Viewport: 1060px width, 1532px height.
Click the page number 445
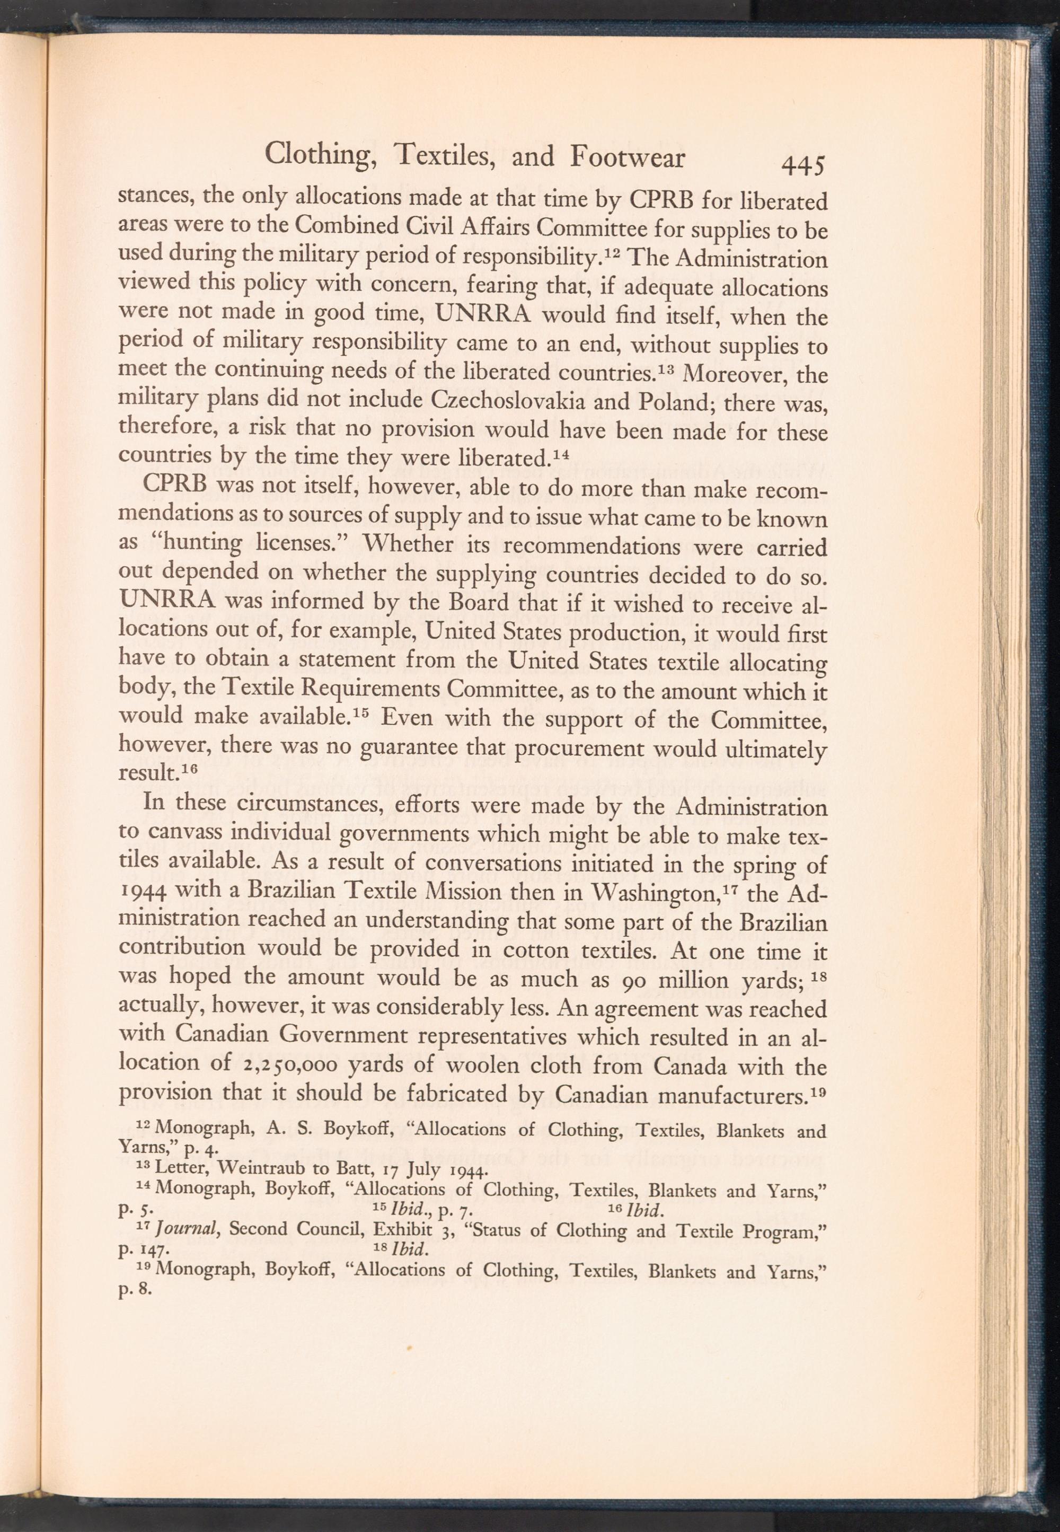803,163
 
